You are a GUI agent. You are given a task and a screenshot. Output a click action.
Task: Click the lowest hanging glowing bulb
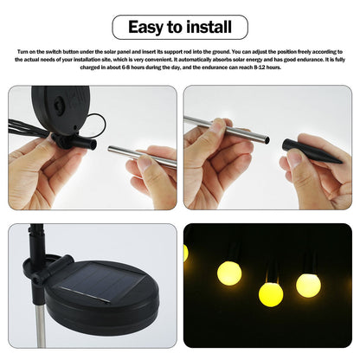point(271,294)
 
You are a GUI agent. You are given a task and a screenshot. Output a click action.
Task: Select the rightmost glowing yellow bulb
point(308,285)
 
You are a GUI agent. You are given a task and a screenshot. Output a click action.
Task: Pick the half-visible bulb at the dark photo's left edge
point(186,253)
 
